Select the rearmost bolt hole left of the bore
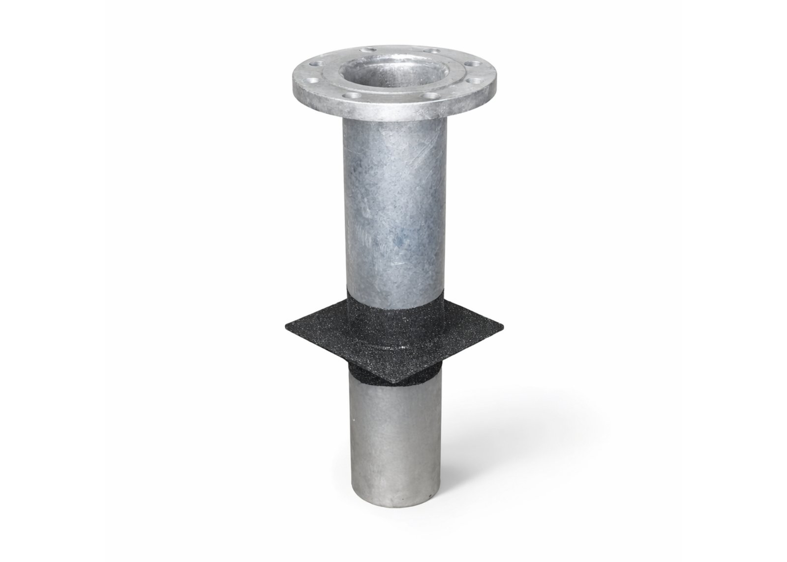pyautogui.click(x=368, y=49)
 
